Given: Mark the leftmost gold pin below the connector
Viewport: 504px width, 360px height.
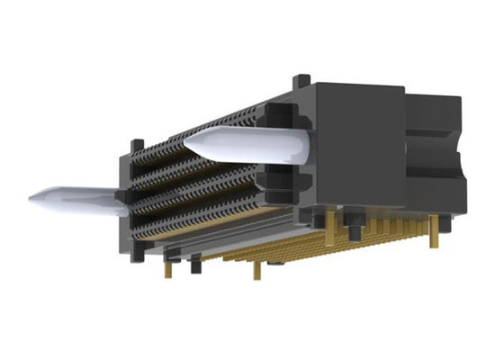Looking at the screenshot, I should point(167,266).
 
